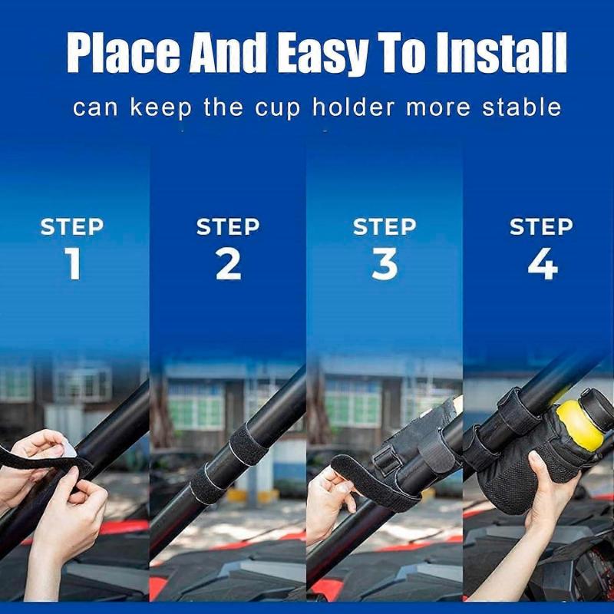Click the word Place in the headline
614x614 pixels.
(122, 53)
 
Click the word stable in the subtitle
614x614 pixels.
(522, 107)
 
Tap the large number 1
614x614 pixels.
(73, 263)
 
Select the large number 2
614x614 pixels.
(228, 263)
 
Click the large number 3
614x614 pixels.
(385, 263)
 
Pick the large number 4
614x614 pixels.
(541, 263)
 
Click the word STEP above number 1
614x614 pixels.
(72, 227)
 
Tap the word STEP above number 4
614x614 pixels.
(541, 227)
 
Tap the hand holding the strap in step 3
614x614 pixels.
(326, 499)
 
